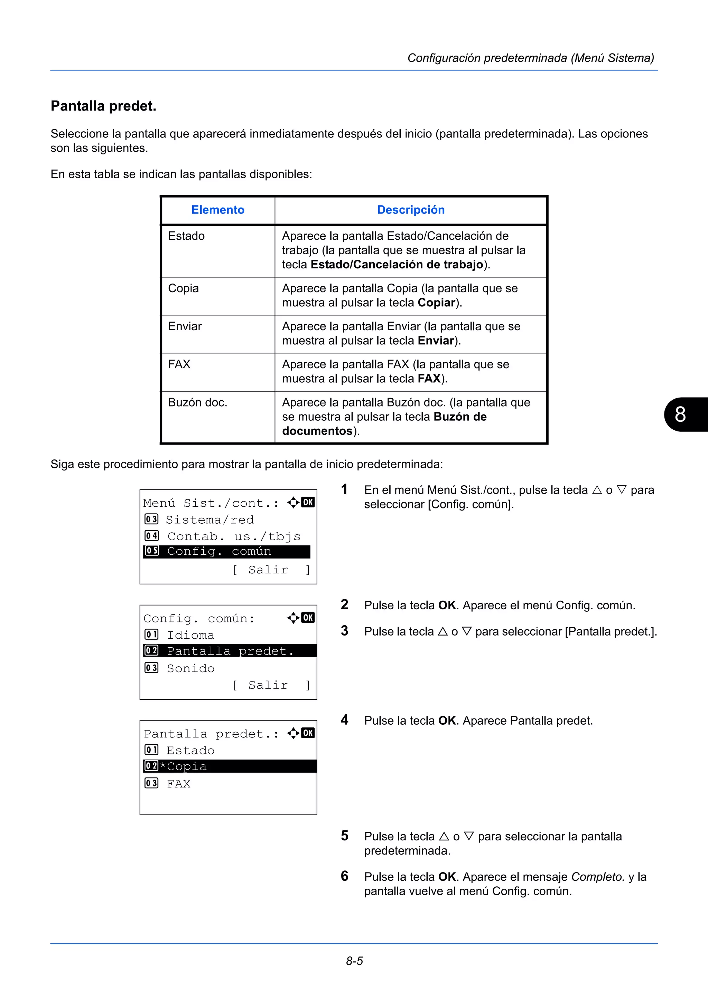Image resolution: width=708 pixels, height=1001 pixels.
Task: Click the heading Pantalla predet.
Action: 103,106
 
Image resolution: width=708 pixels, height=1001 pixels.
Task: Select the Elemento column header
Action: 218,210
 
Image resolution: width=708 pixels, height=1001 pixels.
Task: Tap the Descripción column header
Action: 410,210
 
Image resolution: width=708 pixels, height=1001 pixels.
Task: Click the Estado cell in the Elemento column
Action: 186,236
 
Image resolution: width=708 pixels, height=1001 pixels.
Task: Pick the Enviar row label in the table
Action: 185,326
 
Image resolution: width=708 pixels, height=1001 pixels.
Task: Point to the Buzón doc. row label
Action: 198,402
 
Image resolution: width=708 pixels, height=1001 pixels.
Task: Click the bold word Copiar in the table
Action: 436,303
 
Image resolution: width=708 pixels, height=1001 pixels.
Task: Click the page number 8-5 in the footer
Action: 354,961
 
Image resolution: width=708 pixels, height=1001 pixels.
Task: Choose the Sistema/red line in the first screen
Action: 210,520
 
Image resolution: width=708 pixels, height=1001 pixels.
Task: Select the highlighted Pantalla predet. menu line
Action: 230,651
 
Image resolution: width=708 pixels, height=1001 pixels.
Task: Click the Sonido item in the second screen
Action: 190,668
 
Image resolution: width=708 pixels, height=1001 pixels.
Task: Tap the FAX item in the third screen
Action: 179,784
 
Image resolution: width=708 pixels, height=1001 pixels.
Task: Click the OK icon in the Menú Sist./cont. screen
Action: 308,502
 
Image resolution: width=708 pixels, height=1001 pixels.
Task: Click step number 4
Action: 345,720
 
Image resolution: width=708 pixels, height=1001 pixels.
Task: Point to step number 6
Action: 345,876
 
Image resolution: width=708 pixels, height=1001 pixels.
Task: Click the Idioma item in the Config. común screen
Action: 190,635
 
